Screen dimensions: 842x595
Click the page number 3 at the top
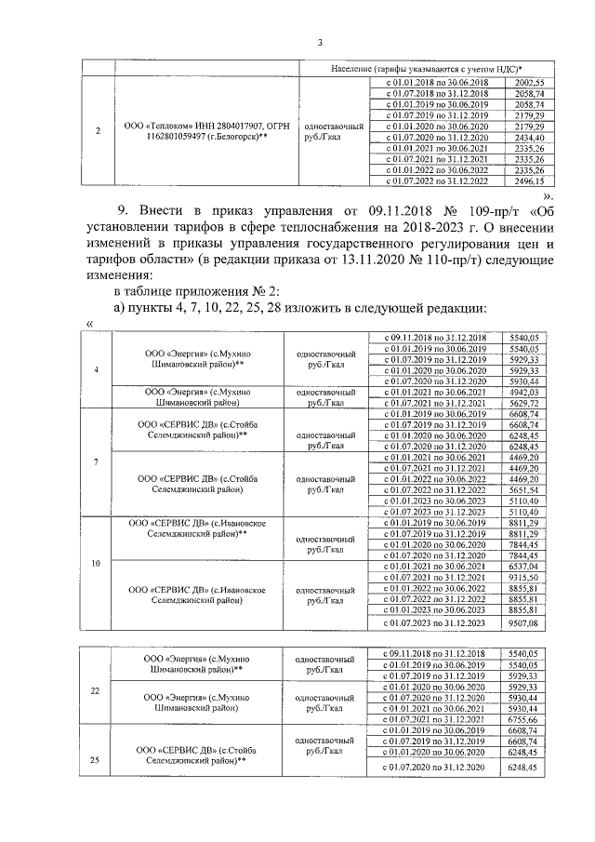click(319, 42)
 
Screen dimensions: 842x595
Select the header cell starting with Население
click(427, 70)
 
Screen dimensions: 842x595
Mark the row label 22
click(99, 690)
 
